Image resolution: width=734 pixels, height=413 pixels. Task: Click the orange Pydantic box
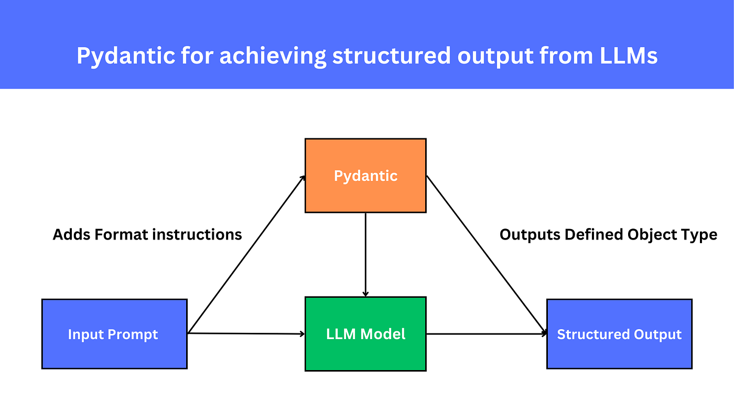click(365, 176)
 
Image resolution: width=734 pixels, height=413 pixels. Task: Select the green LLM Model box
click(365, 334)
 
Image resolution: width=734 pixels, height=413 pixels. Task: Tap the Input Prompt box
click(114, 334)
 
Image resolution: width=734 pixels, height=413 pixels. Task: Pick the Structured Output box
click(619, 334)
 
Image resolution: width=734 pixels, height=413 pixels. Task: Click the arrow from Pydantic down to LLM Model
click(365, 255)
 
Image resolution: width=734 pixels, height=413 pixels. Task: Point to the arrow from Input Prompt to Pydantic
click(246, 254)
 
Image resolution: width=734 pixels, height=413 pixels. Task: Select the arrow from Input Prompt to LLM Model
click(246, 334)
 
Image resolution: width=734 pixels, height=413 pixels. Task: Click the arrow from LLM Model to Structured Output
click(487, 334)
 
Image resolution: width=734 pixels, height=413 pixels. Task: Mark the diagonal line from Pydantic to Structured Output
click(487, 255)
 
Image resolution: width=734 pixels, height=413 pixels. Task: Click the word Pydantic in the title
click(126, 56)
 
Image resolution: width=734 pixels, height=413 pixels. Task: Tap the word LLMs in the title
click(628, 56)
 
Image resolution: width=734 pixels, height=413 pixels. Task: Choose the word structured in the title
click(392, 56)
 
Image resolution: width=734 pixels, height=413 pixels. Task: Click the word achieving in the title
click(273, 56)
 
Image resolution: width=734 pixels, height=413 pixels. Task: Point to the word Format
click(121, 234)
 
